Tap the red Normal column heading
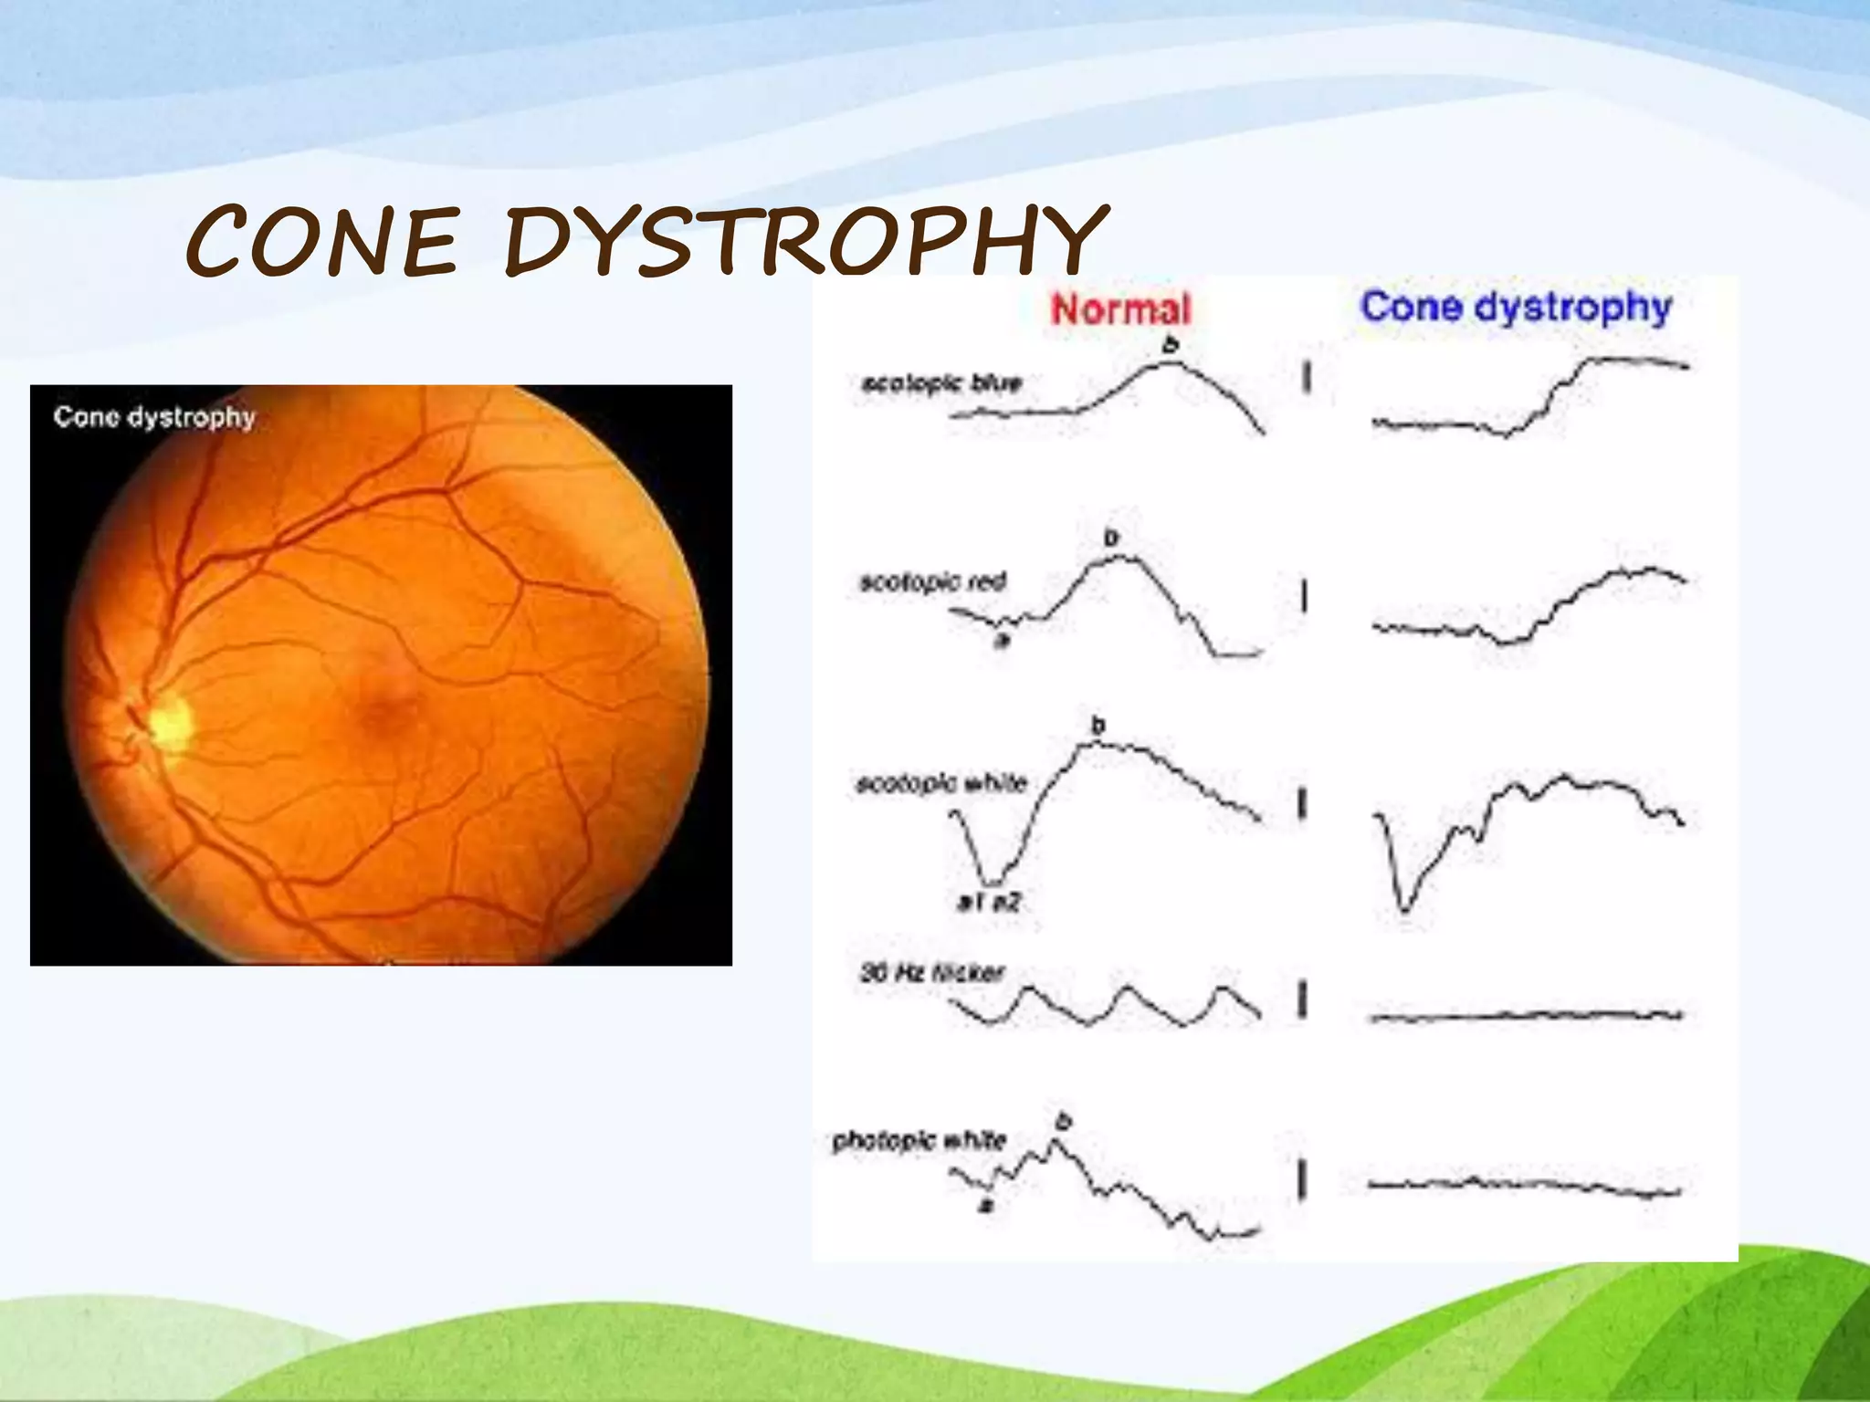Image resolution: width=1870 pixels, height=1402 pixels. [x=1120, y=309]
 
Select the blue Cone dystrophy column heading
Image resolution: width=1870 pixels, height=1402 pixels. [x=1516, y=307]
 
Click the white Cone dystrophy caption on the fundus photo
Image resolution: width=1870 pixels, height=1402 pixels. [x=153, y=417]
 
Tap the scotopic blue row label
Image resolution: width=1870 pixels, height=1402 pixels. [x=941, y=382]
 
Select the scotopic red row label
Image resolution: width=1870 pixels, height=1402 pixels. [x=932, y=581]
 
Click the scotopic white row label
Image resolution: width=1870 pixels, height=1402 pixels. [x=941, y=783]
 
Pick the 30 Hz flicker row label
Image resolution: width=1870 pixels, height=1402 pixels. [x=931, y=973]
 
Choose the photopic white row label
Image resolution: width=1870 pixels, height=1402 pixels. [x=919, y=1141]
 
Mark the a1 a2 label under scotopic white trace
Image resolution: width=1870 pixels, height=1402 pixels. [x=988, y=903]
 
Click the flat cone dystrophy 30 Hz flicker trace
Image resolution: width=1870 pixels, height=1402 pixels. [x=1525, y=1015]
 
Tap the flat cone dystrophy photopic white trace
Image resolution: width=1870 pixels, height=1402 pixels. [x=1525, y=1185]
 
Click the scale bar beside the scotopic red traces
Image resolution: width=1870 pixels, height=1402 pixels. [x=1304, y=598]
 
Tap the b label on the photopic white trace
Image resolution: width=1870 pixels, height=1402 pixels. [x=1063, y=1120]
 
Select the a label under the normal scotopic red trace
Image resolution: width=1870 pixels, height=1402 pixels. [x=1002, y=642]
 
